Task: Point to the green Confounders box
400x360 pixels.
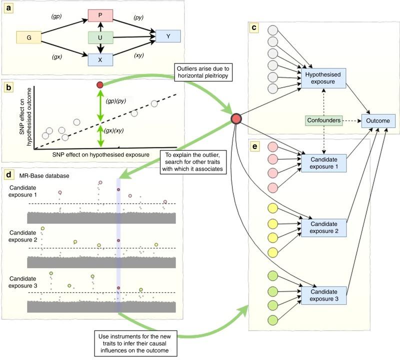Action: (324, 120)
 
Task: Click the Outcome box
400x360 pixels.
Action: (379, 120)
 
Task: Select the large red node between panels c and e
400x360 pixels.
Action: (236, 119)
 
